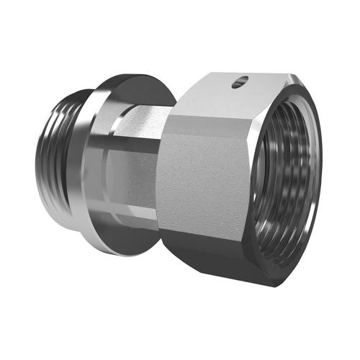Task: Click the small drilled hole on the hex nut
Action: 240,84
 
